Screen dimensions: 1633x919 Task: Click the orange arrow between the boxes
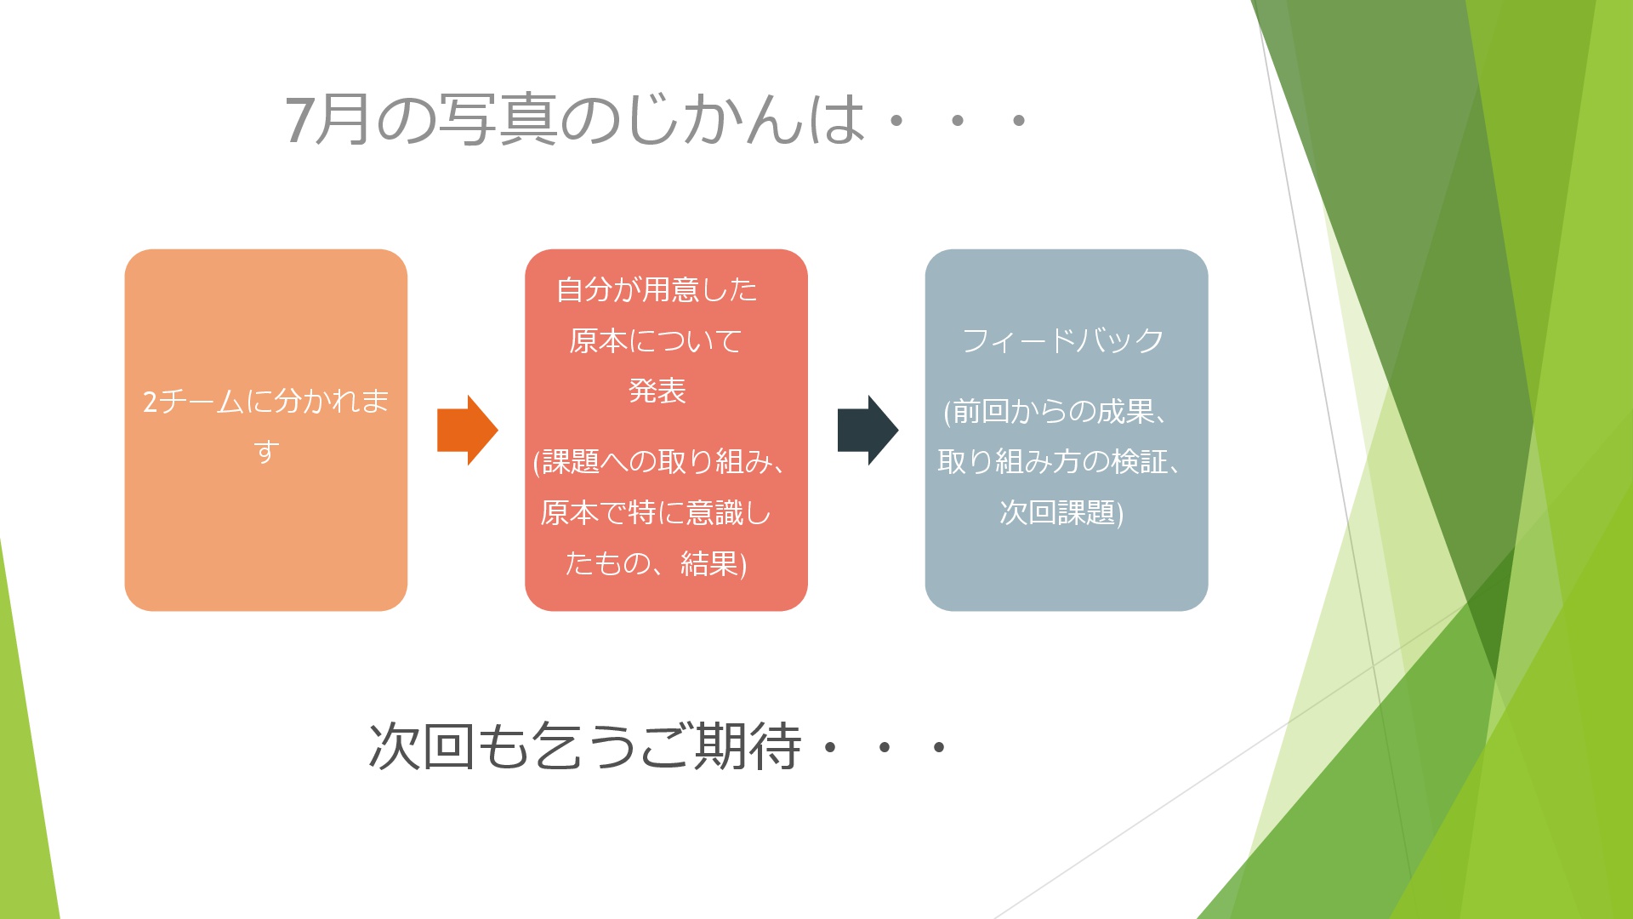467,430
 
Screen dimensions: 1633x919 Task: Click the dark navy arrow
868,430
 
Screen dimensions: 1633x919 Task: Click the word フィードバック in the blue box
1063,340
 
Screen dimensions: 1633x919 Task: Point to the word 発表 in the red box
657,391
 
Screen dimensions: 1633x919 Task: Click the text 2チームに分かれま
266,401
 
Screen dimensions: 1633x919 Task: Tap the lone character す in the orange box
266,451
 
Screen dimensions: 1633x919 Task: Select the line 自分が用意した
657,290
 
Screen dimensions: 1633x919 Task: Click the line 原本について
656,341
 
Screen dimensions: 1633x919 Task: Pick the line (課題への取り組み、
660,462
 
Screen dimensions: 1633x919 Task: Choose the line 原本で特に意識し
656,513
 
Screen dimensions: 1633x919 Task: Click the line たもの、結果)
656,564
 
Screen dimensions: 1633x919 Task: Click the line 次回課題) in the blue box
1061,513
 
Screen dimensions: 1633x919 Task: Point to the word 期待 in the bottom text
748,746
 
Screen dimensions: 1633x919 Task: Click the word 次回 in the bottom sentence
421,746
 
